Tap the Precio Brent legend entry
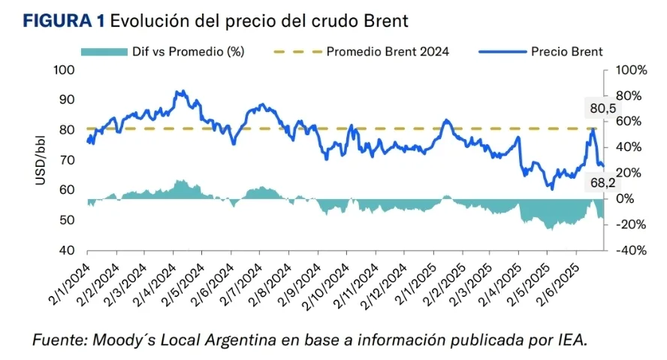point(566,51)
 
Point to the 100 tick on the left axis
point(66,70)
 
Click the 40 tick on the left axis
point(69,250)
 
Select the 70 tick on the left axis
point(69,160)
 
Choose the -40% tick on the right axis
point(629,250)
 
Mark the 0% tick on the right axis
point(625,198)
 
